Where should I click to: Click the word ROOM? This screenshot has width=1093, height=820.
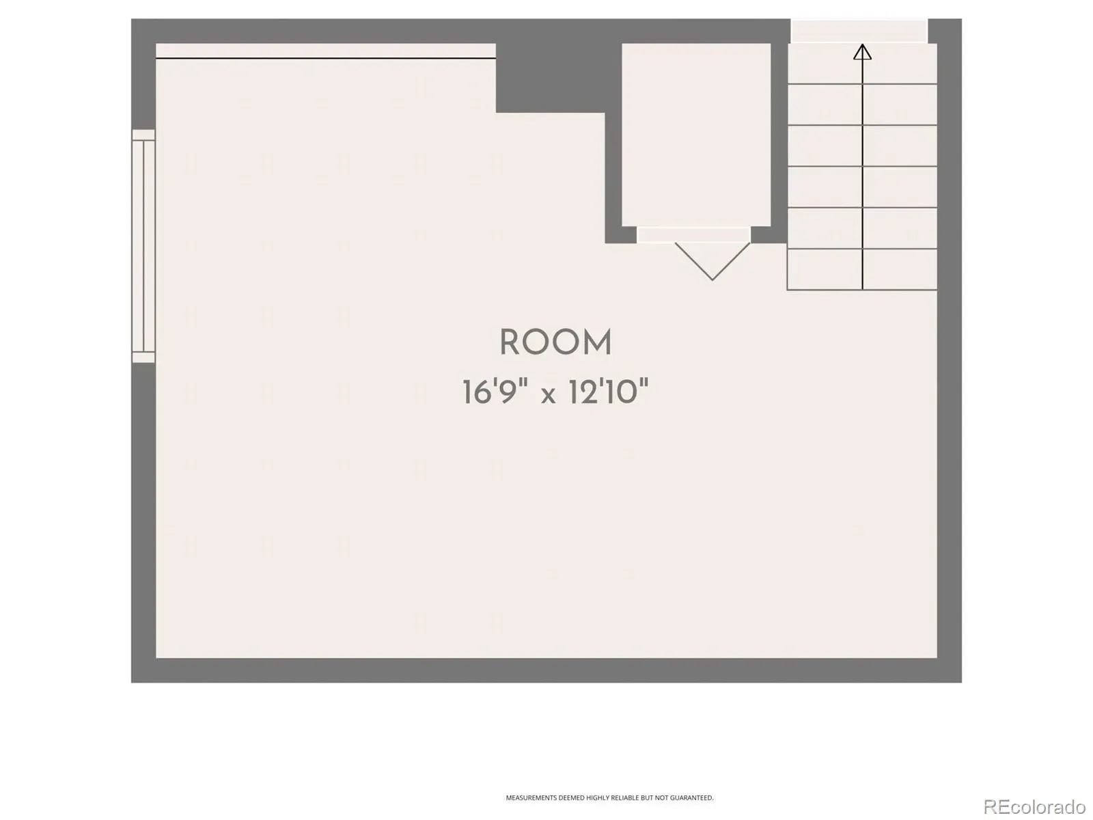[555, 342]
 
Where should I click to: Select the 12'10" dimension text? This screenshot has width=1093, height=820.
[609, 392]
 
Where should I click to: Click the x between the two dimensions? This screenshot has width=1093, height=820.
[549, 396]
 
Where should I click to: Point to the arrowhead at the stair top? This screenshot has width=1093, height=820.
[862, 52]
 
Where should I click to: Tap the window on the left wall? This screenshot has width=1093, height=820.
[143, 246]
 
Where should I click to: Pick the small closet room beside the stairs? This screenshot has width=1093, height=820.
[696, 135]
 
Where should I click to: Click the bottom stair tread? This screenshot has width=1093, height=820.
[862, 269]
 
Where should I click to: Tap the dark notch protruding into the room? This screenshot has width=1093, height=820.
[550, 78]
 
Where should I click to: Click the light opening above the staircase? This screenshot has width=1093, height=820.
[859, 31]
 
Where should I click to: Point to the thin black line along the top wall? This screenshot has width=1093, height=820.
[326, 58]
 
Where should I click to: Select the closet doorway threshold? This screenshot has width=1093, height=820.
[693, 234]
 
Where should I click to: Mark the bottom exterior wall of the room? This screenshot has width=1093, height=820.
[546, 670]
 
